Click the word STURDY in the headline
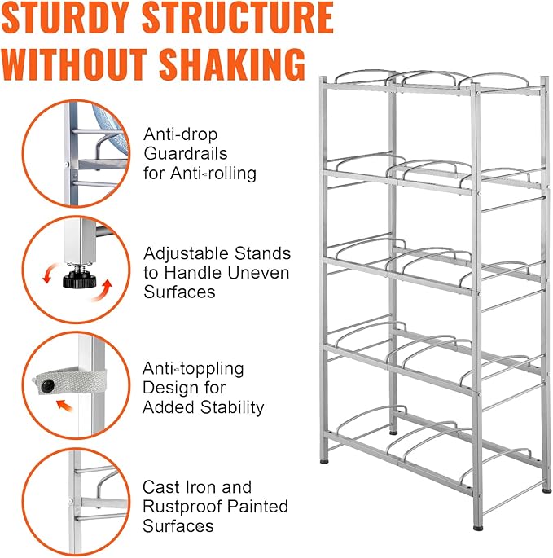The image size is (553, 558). pyautogui.click(x=66, y=18)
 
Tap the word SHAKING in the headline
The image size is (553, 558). pyautogui.click(x=232, y=65)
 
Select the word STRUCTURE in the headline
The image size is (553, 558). pyautogui.click(x=237, y=18)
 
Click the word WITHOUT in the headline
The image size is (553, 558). pyautogui.click(x=74, y=65)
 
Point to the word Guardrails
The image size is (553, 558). pyautogui.click(x=186, y=154)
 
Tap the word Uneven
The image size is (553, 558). pyautogui.click(x=258, y=273)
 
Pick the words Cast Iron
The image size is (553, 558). pyautogui.click(x=179, y=487)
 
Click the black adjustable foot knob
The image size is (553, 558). pyautogui.click(x=79, y=279)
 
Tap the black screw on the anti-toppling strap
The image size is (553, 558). pyautogui.click(x=48, y=385)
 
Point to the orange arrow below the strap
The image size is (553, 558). pyautogui.click(x=64, y=405)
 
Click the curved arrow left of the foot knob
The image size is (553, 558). pyautogui.click(x=49, y=274)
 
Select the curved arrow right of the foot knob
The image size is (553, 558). pyautogui.click(x=103, y=291)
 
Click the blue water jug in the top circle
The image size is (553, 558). pyautogui.click(x=111, y=129)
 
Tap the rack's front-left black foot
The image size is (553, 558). pyautogui.click(x=324, y=462)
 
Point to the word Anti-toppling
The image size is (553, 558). pyautogui.click(x=193, y=369)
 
